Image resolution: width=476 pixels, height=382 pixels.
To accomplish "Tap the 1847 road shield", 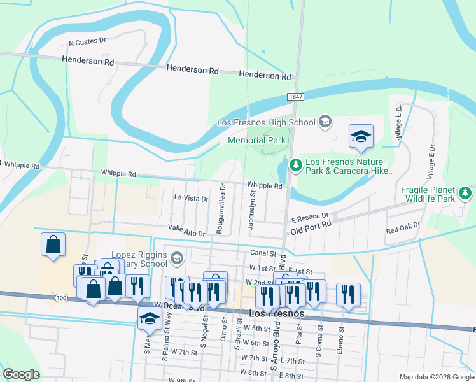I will pos(295,97).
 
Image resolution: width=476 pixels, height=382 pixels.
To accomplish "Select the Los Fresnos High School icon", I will pos(325,122).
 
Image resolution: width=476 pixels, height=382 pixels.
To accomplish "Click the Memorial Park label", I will pos(255,140).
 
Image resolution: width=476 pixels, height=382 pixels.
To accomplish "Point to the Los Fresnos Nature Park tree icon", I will pos(295,165).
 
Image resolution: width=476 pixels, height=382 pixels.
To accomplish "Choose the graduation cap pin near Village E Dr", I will pos(361,136).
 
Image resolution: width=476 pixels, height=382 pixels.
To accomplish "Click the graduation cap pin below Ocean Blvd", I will pos(150,318).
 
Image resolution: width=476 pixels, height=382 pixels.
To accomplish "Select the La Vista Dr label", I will pos(191,199).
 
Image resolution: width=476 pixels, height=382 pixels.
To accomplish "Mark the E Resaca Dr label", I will pos(309,216).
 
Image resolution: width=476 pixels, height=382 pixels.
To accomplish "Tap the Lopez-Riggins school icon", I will pos(177,258).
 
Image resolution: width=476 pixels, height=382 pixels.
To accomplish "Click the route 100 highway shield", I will pos(60,298).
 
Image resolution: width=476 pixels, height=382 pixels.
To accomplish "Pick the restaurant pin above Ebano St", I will pos(348,294).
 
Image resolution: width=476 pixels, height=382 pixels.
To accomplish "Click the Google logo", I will pos(22,374).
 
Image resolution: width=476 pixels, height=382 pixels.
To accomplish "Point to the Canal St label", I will pos(262,253).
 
